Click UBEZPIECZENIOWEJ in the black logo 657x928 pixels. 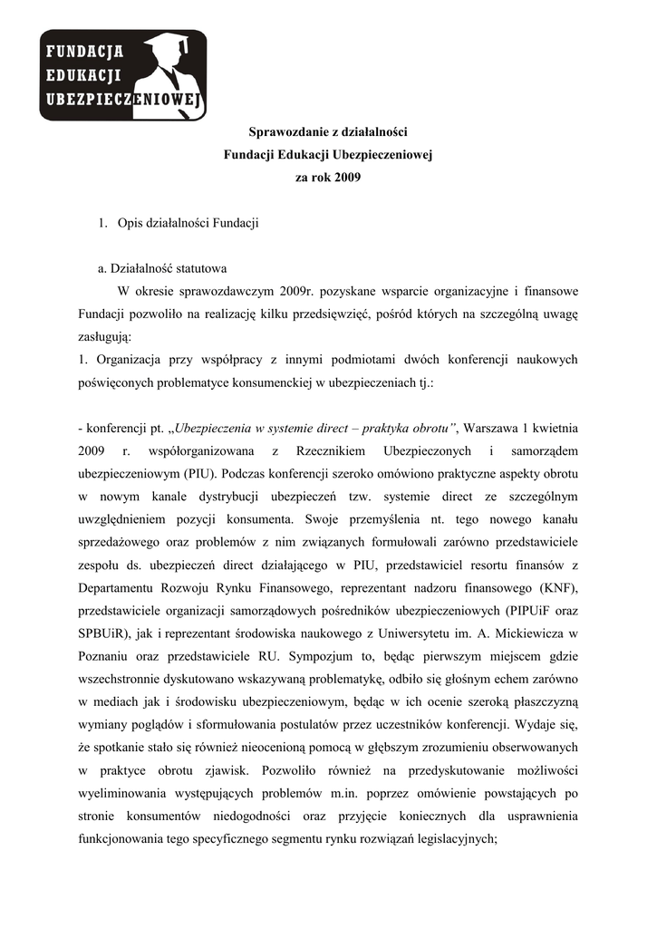[124, 100]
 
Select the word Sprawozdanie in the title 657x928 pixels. [285, 133]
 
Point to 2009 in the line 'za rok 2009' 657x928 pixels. [346, 179]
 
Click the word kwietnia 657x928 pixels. [555, 427]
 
